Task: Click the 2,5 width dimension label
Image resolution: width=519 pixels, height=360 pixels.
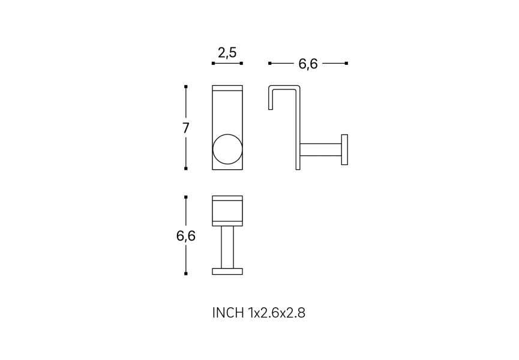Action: point(227,53)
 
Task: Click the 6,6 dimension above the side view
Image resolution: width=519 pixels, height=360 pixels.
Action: point(308,64)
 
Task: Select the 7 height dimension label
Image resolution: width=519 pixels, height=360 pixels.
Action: point(186,128)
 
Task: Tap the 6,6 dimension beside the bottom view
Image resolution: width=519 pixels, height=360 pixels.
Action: point(186,236)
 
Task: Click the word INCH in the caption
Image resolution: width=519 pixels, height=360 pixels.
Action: point(228,313)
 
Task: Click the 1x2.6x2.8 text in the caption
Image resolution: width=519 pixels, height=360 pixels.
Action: point(277,313)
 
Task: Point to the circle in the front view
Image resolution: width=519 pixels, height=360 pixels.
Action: point(227,149)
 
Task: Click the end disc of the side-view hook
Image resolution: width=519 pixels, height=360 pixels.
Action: point(344,149)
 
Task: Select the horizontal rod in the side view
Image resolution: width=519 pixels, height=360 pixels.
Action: point(320,149)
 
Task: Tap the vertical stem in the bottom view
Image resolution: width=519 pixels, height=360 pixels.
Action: point(227,247)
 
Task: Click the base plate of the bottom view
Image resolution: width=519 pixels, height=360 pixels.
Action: point(227,271)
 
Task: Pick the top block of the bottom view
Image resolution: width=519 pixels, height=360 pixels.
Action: point(227,211)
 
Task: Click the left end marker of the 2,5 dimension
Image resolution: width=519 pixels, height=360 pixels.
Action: point(213,63)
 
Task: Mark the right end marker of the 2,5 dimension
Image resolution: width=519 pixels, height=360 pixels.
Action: point(241,63)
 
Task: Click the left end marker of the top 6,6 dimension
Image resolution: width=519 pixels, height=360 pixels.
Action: point(270,63)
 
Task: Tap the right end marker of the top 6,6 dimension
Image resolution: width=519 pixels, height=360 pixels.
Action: point(346,63)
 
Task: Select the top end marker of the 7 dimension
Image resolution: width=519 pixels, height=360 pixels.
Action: point(186,87)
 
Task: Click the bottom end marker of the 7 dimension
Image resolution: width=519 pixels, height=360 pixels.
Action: point(186,169)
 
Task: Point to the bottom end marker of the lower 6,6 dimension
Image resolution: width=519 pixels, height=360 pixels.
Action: point(186,274)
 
